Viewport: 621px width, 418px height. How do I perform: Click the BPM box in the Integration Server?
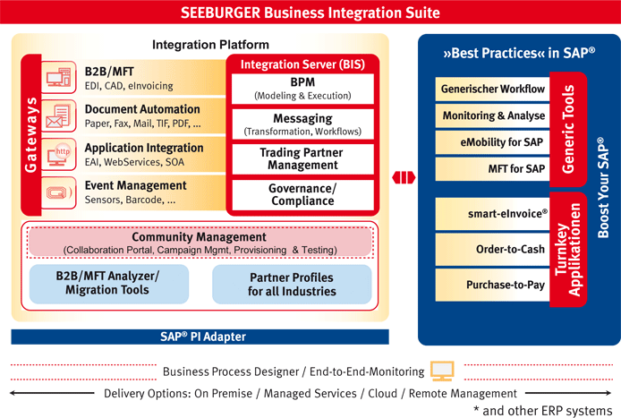coord(302,89)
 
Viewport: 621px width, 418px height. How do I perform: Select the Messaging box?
coord(302,124)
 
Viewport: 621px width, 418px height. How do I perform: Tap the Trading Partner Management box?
coord(302,159)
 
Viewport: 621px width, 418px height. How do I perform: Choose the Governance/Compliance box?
coord(302,195)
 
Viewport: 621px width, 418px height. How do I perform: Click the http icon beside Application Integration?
coord(59,155)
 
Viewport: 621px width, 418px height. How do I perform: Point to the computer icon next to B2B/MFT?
coord(59,77)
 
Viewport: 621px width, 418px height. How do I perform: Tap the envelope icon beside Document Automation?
coord(58,116)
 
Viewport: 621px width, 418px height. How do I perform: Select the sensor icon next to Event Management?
coord(59,193)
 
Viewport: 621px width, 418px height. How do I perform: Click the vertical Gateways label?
coord(31,135)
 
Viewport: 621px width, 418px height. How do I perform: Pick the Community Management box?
coord(200,243)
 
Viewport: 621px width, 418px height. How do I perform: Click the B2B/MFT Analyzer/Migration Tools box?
coord(109,284)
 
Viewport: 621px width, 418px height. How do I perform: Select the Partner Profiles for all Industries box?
coord(292,284)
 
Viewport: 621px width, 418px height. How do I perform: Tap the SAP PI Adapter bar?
coord(200,337)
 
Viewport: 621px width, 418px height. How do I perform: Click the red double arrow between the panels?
coord(404,177)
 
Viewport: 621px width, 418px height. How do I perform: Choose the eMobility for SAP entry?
coord(492,142)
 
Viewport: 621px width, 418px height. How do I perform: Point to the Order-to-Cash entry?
coord(492,249)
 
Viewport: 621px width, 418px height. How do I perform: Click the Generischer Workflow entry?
coord(492,89)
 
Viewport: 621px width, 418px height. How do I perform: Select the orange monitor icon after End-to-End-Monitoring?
coord(442,371)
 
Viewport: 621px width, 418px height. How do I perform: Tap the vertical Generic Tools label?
coord(568,129)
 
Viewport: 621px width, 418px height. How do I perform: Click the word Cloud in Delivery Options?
coord(382,394)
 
